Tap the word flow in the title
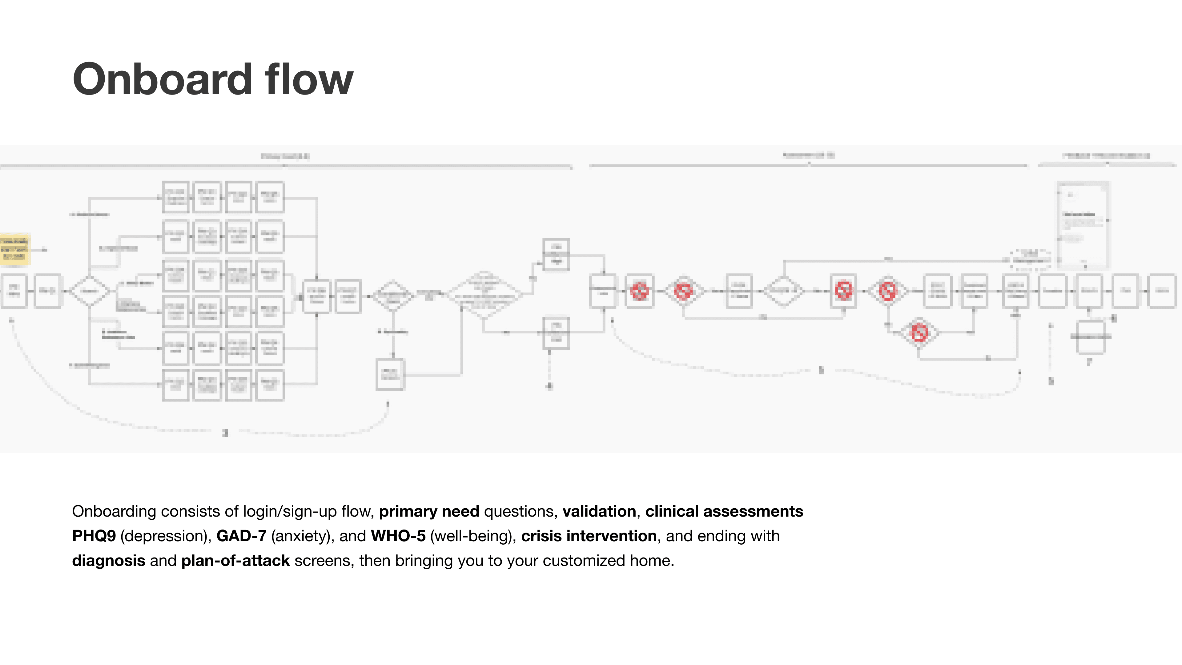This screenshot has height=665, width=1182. click(x=309, y=79)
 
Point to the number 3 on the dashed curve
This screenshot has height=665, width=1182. click(x=225, y=433)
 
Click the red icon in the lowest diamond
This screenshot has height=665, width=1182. click(x=919, y=333)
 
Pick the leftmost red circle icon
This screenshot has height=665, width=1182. click(x=640, y=291)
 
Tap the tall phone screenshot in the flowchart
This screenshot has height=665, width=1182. click(x=1083, y=224)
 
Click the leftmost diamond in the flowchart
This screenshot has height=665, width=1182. click(x=90, y=291)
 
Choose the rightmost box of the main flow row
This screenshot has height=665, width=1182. click(x=1162, y=291)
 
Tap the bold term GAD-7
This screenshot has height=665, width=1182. click(x=241, y=536)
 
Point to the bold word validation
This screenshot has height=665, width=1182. click(x=599, y=511)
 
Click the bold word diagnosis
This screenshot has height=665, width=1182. click(x=108, y=561)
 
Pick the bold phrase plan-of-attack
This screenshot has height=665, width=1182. click(x=235, y=561)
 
